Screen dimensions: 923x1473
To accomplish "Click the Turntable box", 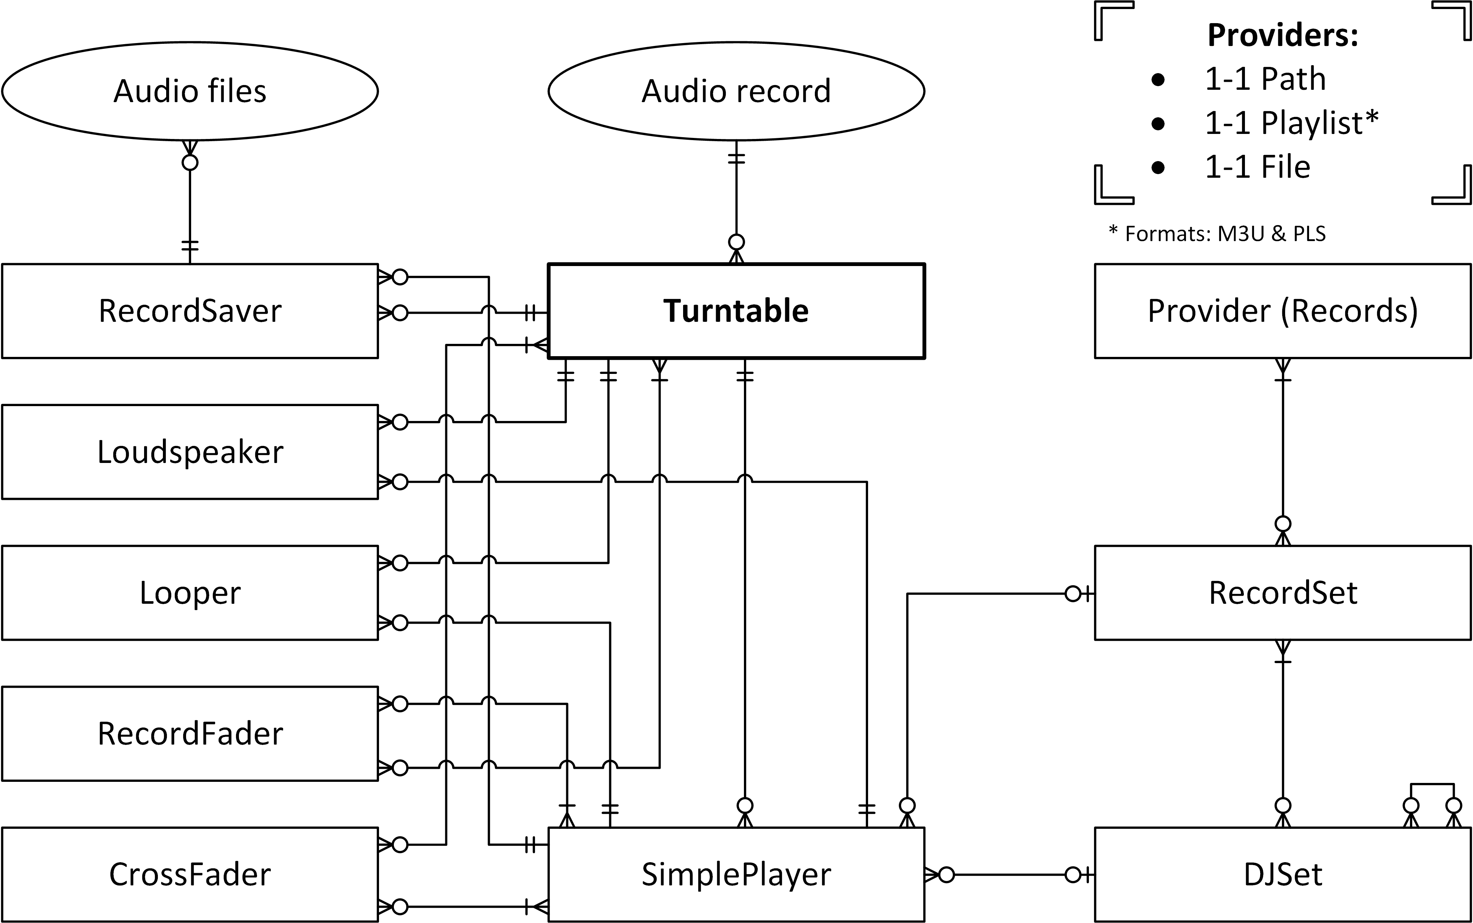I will (736, 311).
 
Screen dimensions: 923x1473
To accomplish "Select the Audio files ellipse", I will (190, 91).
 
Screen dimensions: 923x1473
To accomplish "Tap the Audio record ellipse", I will (736, 91).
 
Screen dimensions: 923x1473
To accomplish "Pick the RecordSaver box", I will (190, 311).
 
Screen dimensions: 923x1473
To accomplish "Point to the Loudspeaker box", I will (190, 452).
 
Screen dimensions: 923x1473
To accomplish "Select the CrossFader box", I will (190, 874).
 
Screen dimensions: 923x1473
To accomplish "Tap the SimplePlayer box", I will (736, 874).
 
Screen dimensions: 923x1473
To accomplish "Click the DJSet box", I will (1283, 874).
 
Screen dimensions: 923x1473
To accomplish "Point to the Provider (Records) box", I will (1283, 311).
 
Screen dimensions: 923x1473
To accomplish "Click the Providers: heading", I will (1283, 35).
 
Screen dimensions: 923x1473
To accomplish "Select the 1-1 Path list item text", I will (1265, 79).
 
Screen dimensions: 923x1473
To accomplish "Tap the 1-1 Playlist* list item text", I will (1291, 123).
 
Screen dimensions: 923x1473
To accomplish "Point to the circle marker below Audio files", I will (190, 163).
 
